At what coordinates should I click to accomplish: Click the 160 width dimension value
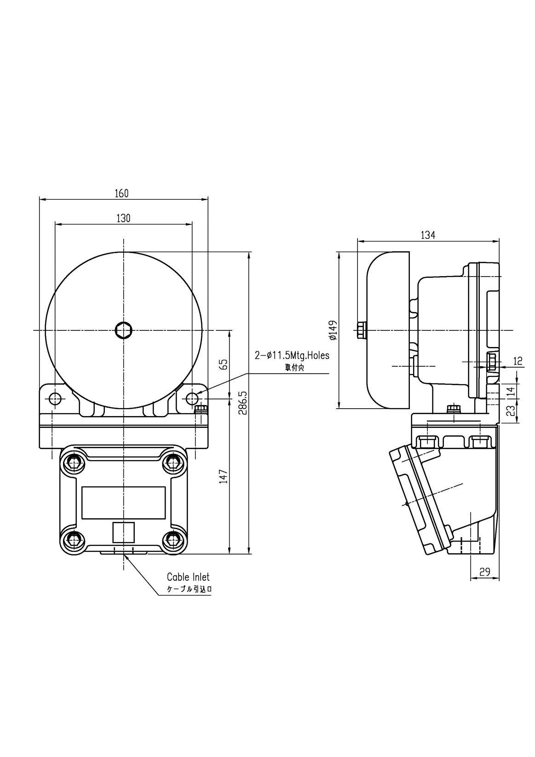pos(121,193)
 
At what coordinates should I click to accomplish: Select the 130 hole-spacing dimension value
pos(123,218)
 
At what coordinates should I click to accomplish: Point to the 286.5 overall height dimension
pos(243,403)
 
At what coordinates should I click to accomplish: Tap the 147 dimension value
pos(224,476)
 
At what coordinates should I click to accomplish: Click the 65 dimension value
pos(224,364)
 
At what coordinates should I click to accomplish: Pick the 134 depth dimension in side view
pos(428,235)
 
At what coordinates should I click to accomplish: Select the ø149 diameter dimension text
pos(333,330)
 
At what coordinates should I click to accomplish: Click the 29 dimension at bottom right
pos(484,572)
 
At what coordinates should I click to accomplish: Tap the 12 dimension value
pos(518,361)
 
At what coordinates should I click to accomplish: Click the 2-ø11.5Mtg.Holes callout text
pos(292,356)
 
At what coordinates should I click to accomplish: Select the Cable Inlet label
pos(188,577)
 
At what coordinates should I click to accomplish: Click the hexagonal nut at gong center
pos(124,330)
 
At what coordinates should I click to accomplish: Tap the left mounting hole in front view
pos(55,398)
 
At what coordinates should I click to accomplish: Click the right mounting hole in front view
pos(192,398)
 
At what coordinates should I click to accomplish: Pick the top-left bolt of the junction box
pos(73,462)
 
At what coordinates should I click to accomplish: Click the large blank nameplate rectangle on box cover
pos(123,502)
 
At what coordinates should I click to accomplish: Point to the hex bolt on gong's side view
pos(361,330)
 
